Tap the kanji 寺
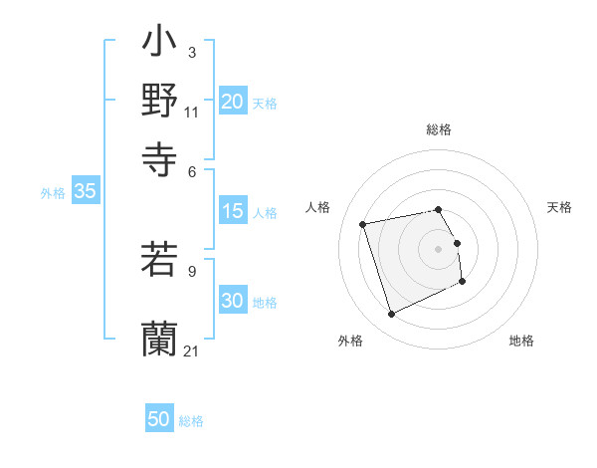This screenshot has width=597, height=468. pyautogui.click(x=160, y=156)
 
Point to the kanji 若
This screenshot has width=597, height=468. pyautogui.click(x=160, y=261)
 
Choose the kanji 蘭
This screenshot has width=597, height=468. pyautogui.click(x=160, y=339)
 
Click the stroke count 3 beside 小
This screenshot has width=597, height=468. pyautogui.click(x=191, y=52)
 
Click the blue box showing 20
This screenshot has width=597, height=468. pyautogui.click(x=232, y=102)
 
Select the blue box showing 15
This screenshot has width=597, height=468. pyautogui.click(x=232, y=211)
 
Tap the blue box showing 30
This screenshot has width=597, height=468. pyautogui.click(x=232, y=302)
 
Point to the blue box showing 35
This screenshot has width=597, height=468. pyautogui.click(x=85, y=192)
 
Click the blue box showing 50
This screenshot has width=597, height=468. pyautogui.click(x=158, y=420)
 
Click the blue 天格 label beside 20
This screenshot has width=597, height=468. pyautogui.click(x=265, y=103)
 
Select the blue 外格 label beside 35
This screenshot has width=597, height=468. pyautogui.click(x=53, y=193)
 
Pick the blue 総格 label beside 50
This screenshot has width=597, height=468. pyautogui.click(x=191, y=421)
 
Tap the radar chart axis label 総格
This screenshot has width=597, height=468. pyautogui.click(x=439, y=129)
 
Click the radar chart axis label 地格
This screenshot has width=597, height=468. pyautogui.click(x=521, y=341)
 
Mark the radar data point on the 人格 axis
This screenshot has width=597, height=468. pyautogui.click(x=363, y=223)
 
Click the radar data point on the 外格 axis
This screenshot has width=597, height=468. pyautogui.click(x=391, y=315)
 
